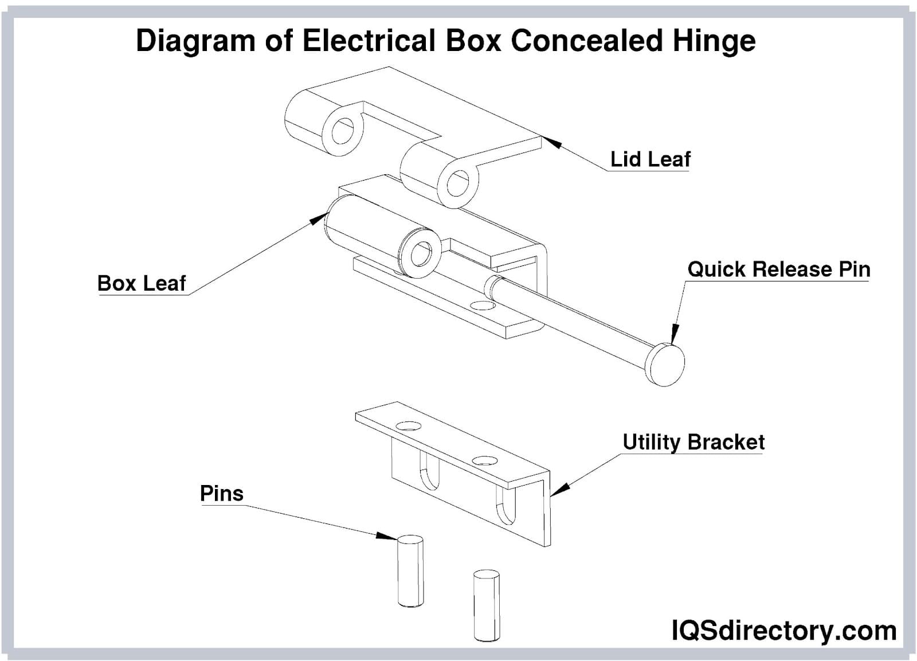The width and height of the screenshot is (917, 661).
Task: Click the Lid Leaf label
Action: coord(650,159)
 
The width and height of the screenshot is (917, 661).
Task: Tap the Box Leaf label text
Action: coord(142,283)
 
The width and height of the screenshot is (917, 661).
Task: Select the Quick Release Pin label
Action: coord(778,269)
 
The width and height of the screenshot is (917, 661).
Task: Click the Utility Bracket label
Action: coord(693,442)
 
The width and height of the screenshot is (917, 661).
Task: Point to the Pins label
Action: coord(221,493)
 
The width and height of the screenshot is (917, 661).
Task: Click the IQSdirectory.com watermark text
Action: coord(783,631)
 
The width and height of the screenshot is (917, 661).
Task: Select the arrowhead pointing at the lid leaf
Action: coord(551,142)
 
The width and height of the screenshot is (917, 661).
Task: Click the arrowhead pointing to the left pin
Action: coord(385,536)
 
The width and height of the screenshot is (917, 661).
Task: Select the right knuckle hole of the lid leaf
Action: coord(457,183)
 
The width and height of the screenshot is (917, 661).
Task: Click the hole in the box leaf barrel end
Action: coord(423,253)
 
